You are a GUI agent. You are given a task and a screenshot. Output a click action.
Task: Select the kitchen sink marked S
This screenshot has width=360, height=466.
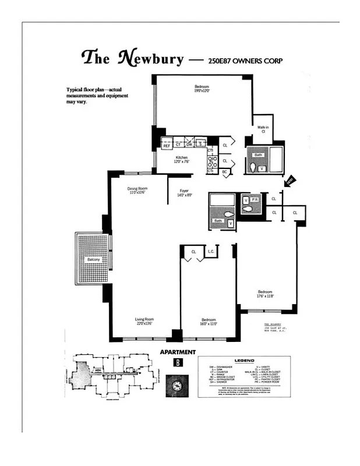point(200,143)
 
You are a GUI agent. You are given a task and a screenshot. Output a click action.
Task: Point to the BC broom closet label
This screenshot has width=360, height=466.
point(224,172)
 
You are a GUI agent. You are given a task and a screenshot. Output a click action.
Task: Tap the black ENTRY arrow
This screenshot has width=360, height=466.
point(290,181)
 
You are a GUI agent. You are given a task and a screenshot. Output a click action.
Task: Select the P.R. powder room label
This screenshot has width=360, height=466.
point(255,199)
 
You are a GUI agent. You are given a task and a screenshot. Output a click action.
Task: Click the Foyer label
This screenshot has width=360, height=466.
point(184,190)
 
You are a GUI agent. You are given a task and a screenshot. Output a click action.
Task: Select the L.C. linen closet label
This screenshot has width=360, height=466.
point(210,252)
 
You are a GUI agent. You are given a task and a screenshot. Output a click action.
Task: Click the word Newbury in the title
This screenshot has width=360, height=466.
point(151,58)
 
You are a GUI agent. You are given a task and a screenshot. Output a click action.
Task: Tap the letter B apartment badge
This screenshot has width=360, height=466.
point(177,363)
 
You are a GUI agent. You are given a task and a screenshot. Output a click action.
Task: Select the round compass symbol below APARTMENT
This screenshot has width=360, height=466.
point(177,385)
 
